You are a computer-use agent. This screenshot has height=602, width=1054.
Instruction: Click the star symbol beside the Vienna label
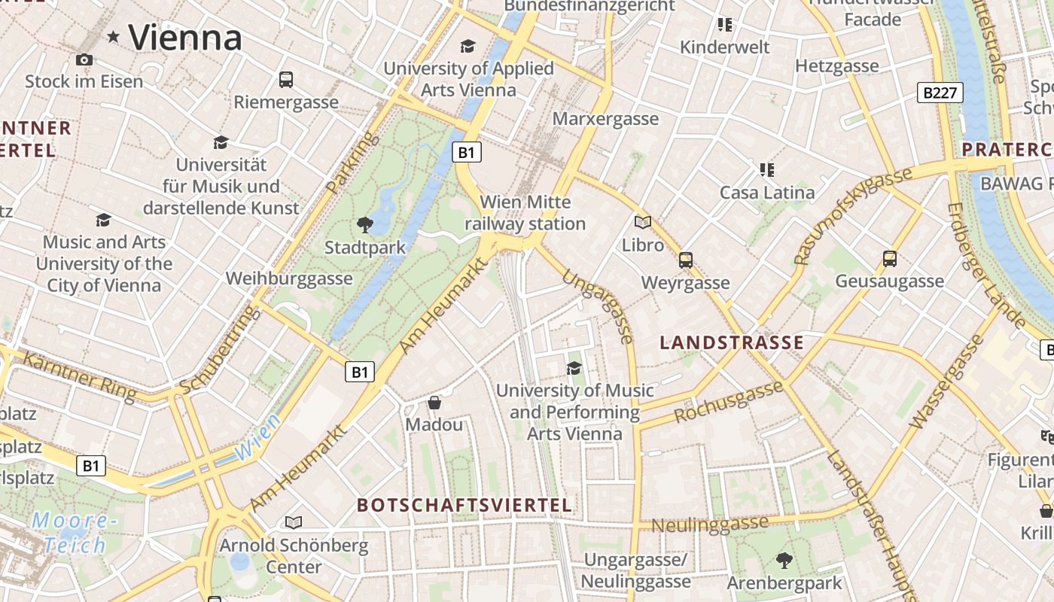pos(114,36)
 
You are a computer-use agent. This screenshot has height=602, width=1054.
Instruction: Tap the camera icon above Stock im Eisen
pos(84,59)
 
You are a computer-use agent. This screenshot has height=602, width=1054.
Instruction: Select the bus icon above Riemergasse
pos(286,79)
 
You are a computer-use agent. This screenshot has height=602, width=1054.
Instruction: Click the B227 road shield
pos(941,93)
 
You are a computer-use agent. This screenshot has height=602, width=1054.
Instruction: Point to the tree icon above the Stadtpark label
pos(365,224)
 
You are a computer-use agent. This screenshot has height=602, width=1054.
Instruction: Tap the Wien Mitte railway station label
pos(525,213)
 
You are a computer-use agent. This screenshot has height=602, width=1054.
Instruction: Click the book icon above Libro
pos(642,223)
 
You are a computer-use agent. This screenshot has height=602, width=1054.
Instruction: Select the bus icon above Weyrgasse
pos(685,260)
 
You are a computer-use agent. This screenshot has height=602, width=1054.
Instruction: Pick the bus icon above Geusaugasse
pos(889,259)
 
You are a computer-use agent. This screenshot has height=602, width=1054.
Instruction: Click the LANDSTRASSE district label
pos(732,343)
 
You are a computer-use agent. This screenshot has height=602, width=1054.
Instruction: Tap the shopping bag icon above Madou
pos(434,403)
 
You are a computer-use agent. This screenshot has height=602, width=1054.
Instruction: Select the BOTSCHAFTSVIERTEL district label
pos(465,505)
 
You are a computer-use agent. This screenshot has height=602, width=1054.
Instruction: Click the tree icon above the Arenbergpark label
pos(784,561)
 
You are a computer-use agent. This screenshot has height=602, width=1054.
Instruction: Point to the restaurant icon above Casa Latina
pos(766,170)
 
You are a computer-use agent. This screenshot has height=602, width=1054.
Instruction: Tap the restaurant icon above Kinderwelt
pos(724,25)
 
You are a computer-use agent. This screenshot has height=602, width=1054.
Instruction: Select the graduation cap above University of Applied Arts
pos(468,47)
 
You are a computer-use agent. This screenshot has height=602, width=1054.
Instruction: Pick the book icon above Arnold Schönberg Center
pos(294,522)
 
